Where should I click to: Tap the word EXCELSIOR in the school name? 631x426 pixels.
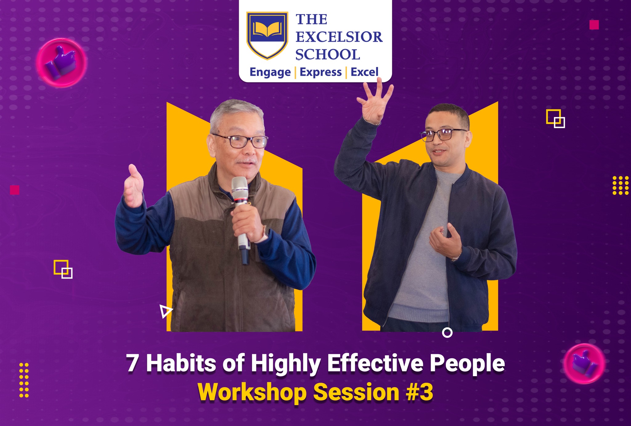339,37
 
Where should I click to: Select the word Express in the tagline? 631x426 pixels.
321,72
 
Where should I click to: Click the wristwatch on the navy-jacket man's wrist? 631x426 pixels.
455,258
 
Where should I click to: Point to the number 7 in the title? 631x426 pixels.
132,363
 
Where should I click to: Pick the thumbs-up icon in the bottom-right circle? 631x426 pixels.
584,364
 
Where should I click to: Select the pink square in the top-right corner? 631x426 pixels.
594,25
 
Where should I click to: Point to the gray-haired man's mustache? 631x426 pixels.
246,161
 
